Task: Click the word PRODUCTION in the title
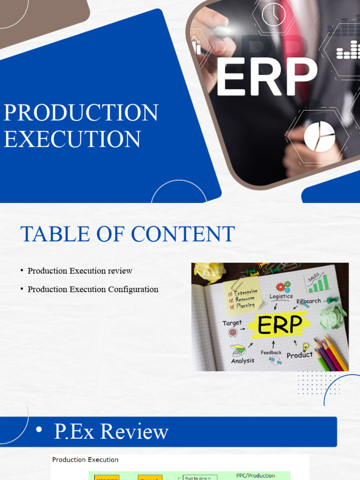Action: tap(81, 113)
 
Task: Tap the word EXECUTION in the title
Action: tap(72, 139)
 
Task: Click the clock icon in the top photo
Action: tap(273, 15)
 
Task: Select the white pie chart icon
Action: tap(319, 136)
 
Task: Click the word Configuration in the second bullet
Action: tap(133, 289)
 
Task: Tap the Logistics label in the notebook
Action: tap(281, 296)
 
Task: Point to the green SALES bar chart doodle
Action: tap(317, 283)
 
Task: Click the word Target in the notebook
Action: tap(232, 323)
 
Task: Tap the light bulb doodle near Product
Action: tap(306, 346)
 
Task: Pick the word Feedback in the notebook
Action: tap(271, 352)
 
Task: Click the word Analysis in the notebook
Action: tap(242, 360)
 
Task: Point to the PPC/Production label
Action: tap(255, 475)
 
